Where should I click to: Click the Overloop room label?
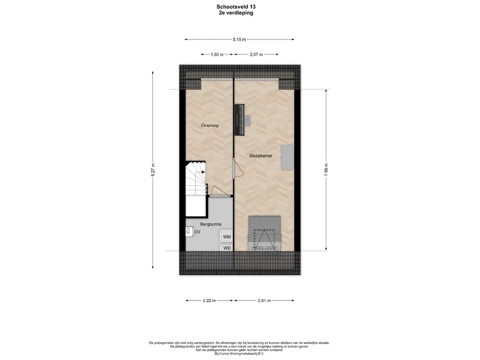[x=210, y=125]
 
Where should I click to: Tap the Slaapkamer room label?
[x=261, y=156]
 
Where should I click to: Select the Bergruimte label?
[x=210, y=224]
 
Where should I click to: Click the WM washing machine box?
[x=226, y=236]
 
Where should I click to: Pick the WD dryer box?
[x=226, y=247]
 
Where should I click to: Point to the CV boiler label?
[x=197, y=232]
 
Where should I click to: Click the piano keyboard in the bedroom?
[x=240, y=120]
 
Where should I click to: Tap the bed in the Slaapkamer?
[x=264, y=233]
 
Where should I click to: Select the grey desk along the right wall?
[x=287, y=157]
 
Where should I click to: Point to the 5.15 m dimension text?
[x=239, y=39]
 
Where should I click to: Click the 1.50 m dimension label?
[x=217, y=54]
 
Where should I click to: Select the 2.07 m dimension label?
[x=256, y=54]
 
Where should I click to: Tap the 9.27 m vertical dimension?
[x=153, y=170]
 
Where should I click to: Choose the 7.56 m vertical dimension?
[x=326, y=170]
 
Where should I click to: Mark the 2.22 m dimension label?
[x=209, y=300]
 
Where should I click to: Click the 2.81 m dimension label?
[x=264, y=300]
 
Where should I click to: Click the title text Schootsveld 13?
[x=236, y=7]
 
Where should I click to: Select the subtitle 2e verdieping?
[x=236, y=13]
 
